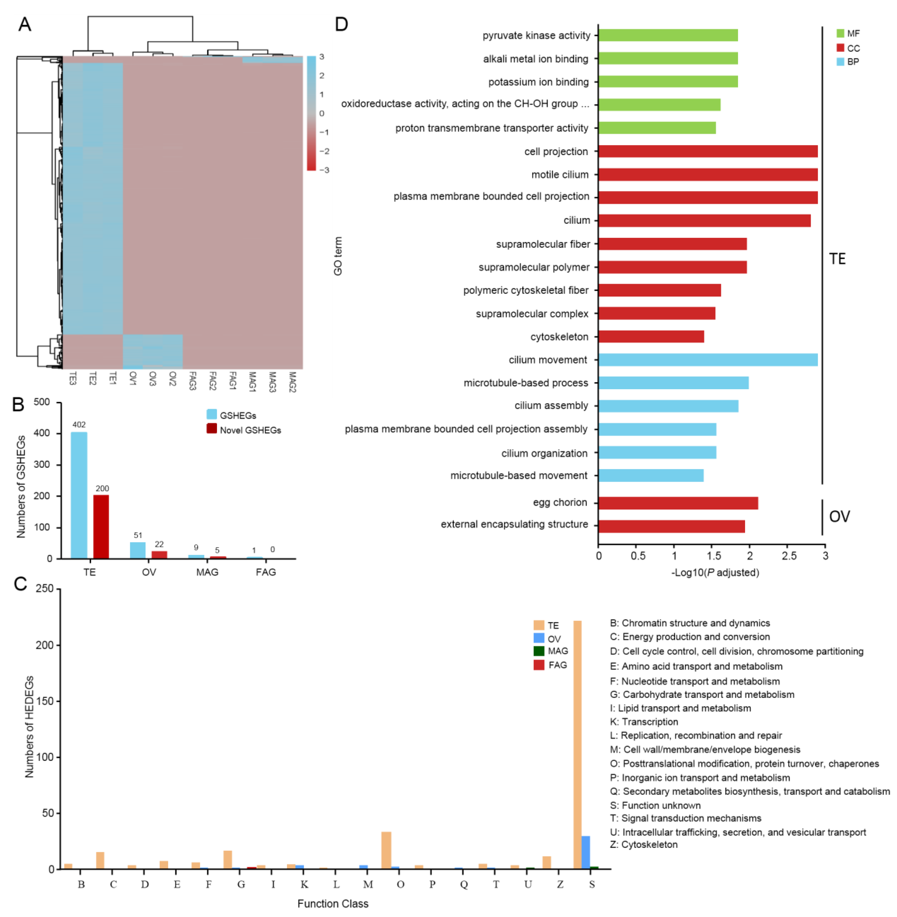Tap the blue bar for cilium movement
708,360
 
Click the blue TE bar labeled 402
79,495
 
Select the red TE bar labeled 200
101,527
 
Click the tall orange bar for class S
577,745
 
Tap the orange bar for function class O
386,850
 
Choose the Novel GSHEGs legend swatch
212,429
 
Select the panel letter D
341,24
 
